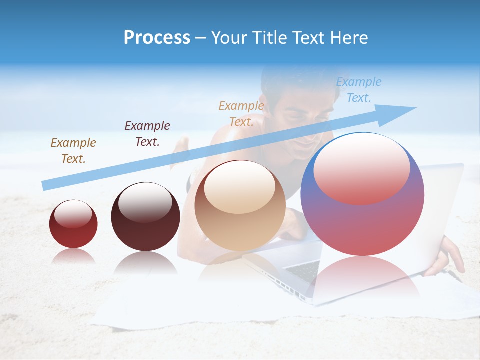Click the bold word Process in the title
(x=157, y=38)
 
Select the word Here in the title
(x=348, y=38)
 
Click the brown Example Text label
(x=73, y=151)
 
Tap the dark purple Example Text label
(x=147, y=134)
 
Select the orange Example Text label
(x=241, y=114)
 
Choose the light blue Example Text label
(x=358, y=90)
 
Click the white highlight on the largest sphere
(x=361, y=167)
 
